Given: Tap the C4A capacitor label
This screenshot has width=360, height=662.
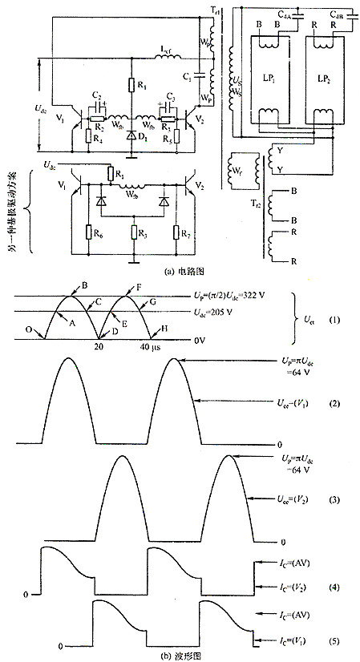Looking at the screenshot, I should point(285,14).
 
